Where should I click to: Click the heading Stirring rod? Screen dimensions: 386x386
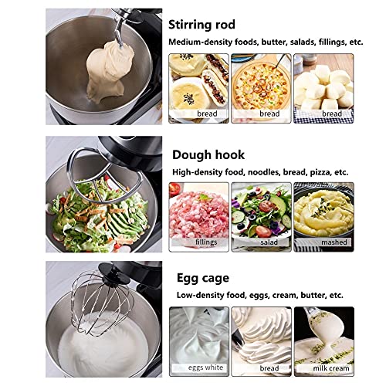click(x=201, y=25)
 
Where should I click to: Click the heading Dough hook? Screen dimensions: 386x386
click(x=208, y=155)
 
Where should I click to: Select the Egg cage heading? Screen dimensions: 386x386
click(x=203, y=278)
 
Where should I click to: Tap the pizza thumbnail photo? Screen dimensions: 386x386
click(x=261, y=88)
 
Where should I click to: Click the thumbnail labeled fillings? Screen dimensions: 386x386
click(x=198, y=217)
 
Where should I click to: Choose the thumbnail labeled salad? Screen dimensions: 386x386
click(x=261, y=217)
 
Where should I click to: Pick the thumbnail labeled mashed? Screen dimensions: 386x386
click(x=323, y=217)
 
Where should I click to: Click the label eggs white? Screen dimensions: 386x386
click(x=205, y=367)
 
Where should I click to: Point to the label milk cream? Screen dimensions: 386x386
click(x=331, y=368)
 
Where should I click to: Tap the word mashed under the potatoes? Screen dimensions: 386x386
click(x=334, y=242)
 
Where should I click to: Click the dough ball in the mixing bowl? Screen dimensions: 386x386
click(x=110, y=72)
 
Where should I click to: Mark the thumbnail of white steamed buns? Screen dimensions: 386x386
click(x=323, y=88)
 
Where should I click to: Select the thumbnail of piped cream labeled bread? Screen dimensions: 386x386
click(x=261, y=341)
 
